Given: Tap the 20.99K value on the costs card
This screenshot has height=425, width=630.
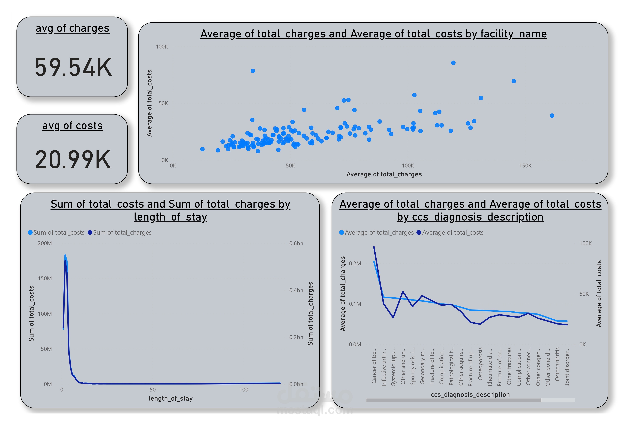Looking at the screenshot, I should pyautogui.click(x=73, y=160).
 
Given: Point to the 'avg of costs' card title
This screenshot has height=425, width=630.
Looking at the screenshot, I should pyautogui.click(x=72, y=126).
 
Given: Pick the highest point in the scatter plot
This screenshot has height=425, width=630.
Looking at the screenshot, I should pyautogui.click(x=453, y=63).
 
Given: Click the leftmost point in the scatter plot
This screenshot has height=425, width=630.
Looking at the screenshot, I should pyautogui.click(x=202, y=149).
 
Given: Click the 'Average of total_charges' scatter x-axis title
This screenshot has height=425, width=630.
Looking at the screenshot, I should pyautogui.click(x=384, y=174).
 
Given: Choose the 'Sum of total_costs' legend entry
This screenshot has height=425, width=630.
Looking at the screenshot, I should pyautogui.click(x=56, y=233).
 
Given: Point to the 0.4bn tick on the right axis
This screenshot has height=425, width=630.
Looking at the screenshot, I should pyautogui.click(x=296, y=290).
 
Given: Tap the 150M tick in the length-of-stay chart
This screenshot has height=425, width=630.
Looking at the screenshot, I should pyautogui.click(x=45, y=279).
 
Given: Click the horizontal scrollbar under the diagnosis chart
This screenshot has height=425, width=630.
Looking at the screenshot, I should pyautogui.click(x=453, y=400).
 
